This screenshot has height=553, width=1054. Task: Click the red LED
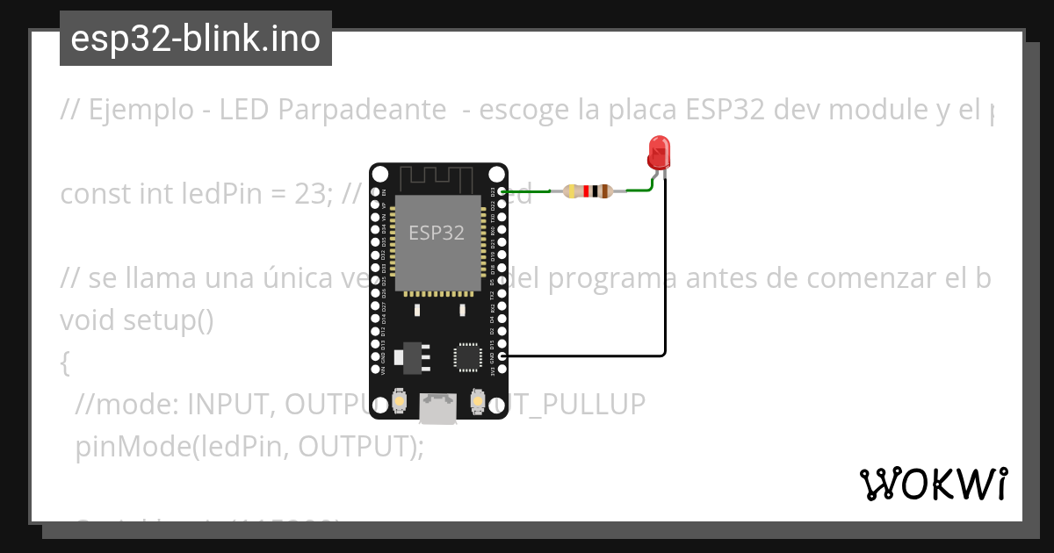point(658,154)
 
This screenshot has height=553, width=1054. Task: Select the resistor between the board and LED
point(588,191)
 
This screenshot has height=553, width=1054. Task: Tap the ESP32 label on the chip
point(437,233)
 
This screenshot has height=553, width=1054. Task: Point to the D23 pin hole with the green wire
point(502,191)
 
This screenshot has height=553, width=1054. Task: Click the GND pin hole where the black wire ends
point(502,355)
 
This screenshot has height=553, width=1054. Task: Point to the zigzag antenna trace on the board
point(437,178)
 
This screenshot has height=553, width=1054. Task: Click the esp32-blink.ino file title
point(195,39)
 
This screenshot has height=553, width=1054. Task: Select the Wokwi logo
point(933,484)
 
